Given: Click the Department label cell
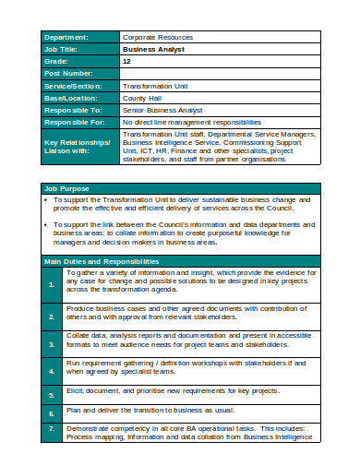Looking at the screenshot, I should click(x=79, y=37).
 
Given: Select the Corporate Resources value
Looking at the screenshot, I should click(x=157, y=37).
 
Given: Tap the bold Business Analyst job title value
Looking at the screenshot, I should click(x=153, y=50).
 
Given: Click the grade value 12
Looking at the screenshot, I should click(x=127, y=61).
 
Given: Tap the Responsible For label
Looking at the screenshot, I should click(x=79, y=121).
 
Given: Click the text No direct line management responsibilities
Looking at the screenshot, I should click(x=190, y=121).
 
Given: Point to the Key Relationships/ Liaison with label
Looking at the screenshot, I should click(x=79, y=145).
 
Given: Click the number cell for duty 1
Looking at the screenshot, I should click(x=53, y=286).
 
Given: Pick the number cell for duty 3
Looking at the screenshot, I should click(x=53, y=342).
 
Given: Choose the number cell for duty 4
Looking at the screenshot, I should click(x=53, y=368).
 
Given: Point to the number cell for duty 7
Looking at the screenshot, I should click(x=53, y=430).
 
